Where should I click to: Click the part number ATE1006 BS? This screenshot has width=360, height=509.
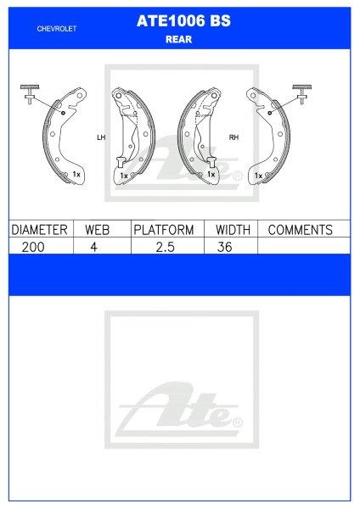[x=179, y=25]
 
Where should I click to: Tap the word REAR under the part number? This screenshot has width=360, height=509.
[x=179, y=38]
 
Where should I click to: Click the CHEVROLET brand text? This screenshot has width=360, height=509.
[x=58, y=28]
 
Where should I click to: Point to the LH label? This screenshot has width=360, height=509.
[x=101, y=137]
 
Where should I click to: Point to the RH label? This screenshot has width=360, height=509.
[x=233, y=137]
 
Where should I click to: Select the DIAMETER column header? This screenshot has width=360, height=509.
[x=39, y=230]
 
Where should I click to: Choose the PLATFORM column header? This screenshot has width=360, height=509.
[x=164, y=230]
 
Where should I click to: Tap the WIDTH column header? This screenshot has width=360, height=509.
[x=229, y=230]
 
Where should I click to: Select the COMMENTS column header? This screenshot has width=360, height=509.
[x=300, y=230]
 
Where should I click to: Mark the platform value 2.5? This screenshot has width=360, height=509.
[x=164, y=246]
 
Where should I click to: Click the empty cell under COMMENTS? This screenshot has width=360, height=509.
[x=302, y=246]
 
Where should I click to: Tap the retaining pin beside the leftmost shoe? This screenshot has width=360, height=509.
[x=31, y=93]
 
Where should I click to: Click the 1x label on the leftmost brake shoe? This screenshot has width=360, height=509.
[x=76, y=174]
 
